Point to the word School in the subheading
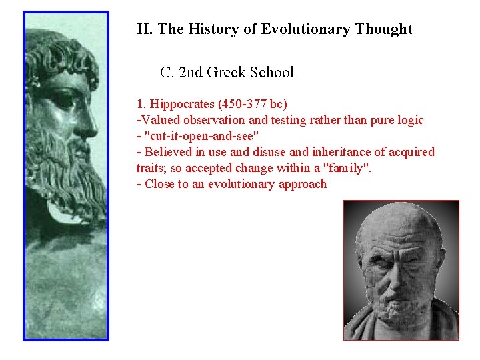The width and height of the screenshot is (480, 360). (271, 72)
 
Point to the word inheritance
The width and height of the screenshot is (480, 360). (321, 152)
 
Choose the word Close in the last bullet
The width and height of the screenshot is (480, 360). (159, 184)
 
